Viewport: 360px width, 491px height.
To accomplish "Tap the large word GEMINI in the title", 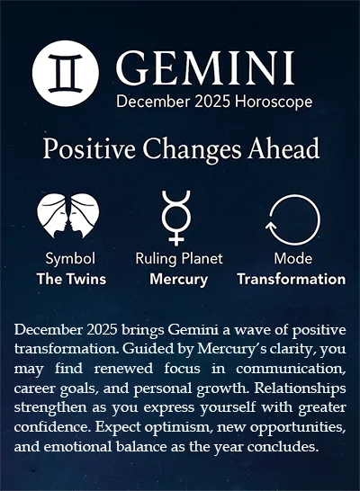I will pyautogui.click(x=205, y=67).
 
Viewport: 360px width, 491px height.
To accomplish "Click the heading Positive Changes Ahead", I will pyautogui.click(x=180, y=148).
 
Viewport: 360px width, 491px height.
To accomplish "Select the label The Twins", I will pyautogui.click(x=70, y=279).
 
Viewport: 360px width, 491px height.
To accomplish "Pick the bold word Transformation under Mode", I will pyautogui.click(x=291, y=279).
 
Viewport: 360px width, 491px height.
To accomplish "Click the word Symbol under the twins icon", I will pyautogui.click(x=70, y=259).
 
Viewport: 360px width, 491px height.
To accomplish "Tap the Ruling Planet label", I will pyautogui.click(x=178, y=259).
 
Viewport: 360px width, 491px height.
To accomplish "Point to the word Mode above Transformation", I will pyautogui.click(x=291, y=259).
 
